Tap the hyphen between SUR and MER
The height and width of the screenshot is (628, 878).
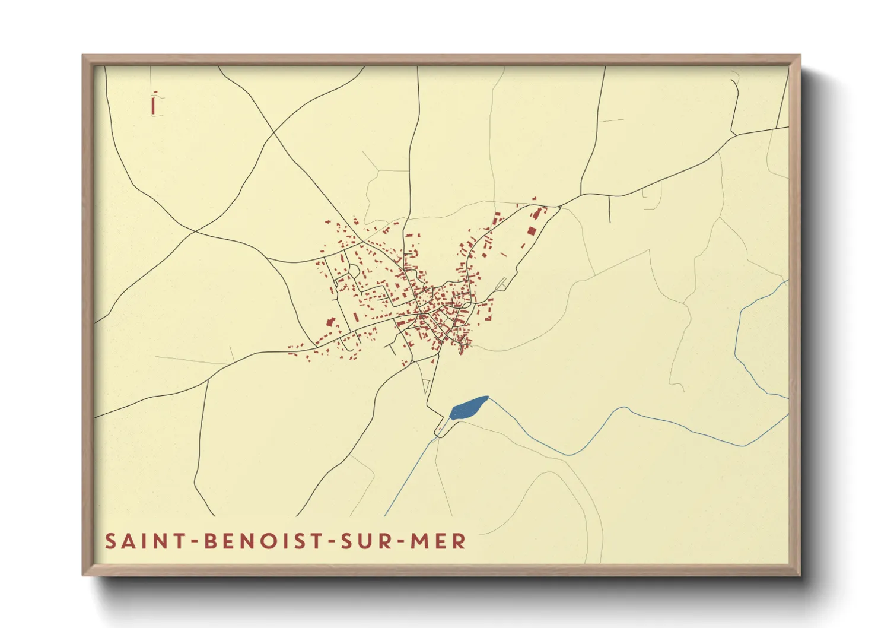pos(399,541)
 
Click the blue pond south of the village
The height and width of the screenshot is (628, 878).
pos(467,408)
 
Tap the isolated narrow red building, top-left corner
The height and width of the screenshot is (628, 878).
pos(154,104)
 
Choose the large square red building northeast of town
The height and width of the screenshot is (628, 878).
pos(532,230)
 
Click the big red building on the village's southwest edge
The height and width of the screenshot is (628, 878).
pos(330,322)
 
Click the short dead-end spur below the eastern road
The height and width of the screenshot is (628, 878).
pos(609,210)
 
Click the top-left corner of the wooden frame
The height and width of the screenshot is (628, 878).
pos(84,56)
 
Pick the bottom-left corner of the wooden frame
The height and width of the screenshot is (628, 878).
pos(84,575)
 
